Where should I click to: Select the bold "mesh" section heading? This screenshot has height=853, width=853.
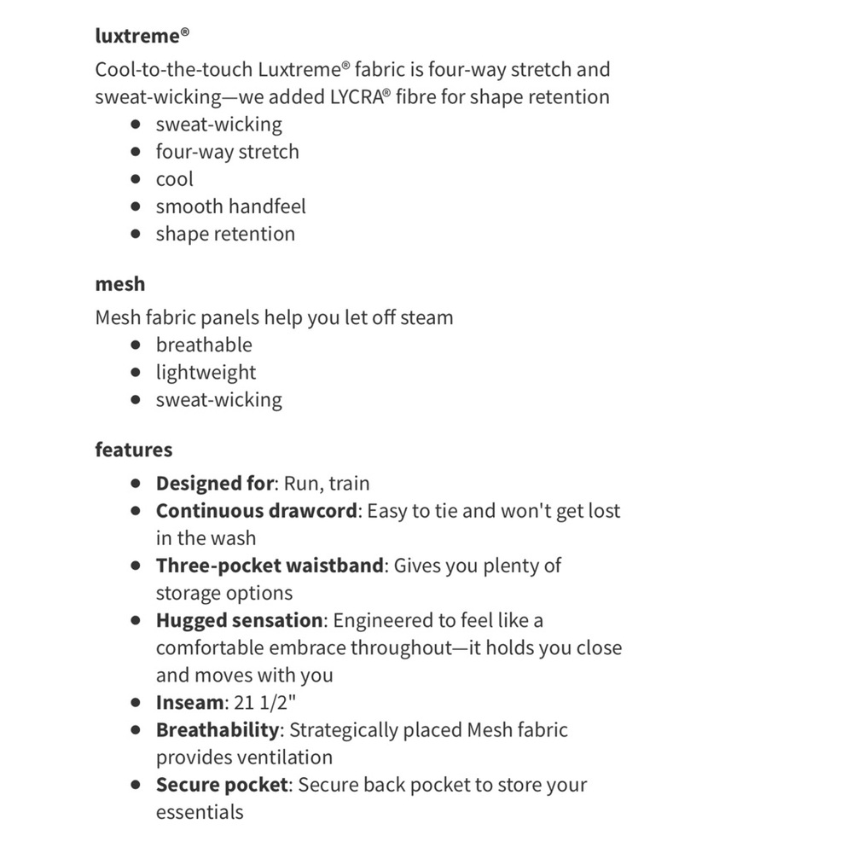[120, 284]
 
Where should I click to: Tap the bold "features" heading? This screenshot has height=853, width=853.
[134, 450]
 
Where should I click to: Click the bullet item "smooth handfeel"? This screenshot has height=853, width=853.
[230, 206]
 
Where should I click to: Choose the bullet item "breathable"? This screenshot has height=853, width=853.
[204, 345]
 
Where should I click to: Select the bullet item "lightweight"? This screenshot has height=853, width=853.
[206, 372]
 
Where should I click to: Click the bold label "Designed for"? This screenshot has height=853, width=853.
[214, 484]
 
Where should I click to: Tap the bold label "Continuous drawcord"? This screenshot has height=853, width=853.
[256, 511]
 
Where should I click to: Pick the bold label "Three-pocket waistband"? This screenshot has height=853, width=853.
[270, 566]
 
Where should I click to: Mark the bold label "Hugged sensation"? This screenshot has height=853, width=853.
[239, 620]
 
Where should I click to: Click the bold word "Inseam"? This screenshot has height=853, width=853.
[189, 703]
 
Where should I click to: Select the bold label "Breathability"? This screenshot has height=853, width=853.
[218, 730]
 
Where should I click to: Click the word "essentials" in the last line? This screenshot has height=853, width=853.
[200, 812]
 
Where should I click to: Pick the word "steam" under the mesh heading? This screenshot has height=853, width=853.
[426, 317]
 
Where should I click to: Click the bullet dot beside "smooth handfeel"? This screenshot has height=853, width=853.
[136, 206]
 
